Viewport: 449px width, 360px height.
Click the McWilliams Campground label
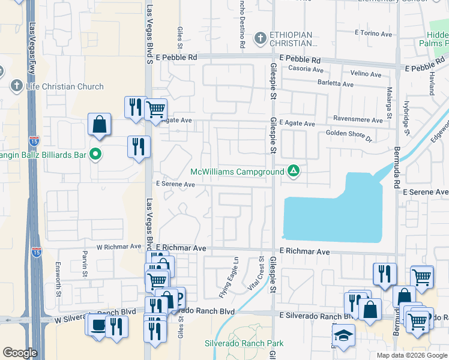click(237, 172)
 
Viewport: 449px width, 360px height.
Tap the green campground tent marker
click(294, 172)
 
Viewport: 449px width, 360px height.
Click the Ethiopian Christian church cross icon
click(260, 40)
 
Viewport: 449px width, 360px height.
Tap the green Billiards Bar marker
click(95, 154)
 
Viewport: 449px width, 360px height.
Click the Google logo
click(20, 353)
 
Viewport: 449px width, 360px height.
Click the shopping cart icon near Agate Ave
click(156, 109)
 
